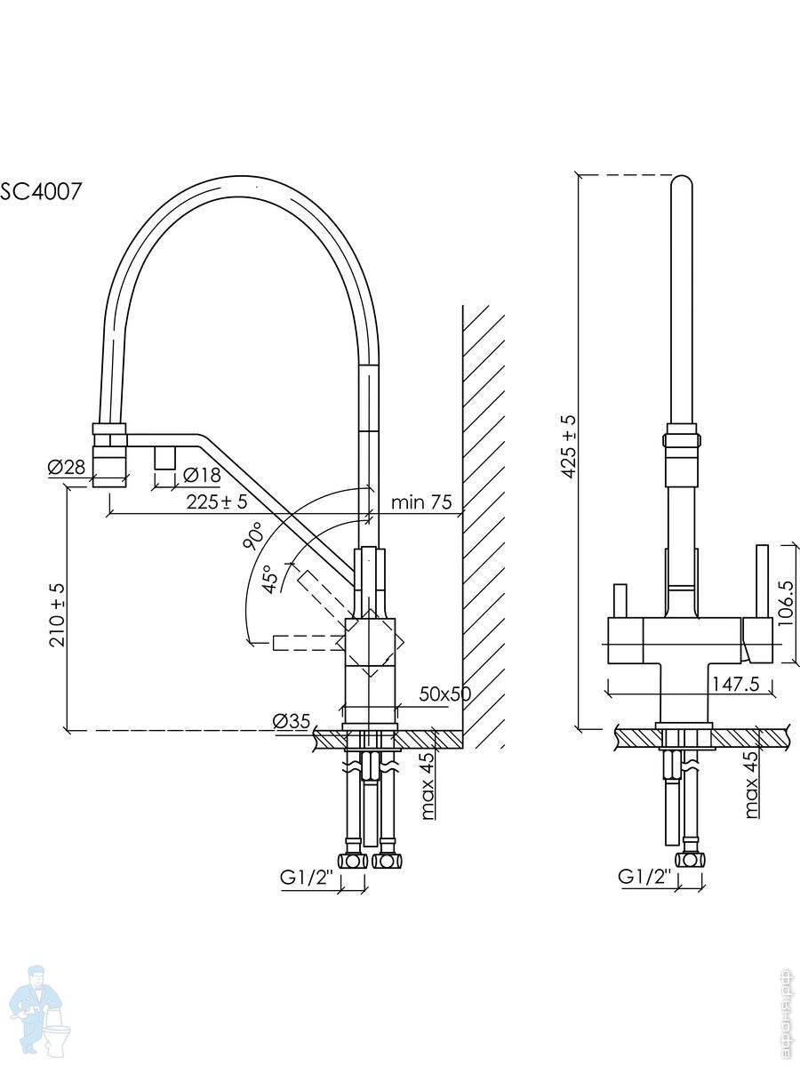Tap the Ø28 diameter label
tap(67, 467)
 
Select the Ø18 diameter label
tap(202, 476)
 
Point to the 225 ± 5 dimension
tap(217, 502)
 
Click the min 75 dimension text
tap(421, 502)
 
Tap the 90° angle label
tap(252, 537)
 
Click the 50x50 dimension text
tap(444, 694)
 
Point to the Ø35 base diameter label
tap(292, 721)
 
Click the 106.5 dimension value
tap(784, 604)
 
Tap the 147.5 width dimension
tap(734, 683)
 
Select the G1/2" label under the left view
tap(306, 878)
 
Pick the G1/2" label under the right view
tap(644, 878)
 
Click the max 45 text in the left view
tap(428, 785)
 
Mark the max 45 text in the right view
tap(752, 785)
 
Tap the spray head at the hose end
tap(110, 456)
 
